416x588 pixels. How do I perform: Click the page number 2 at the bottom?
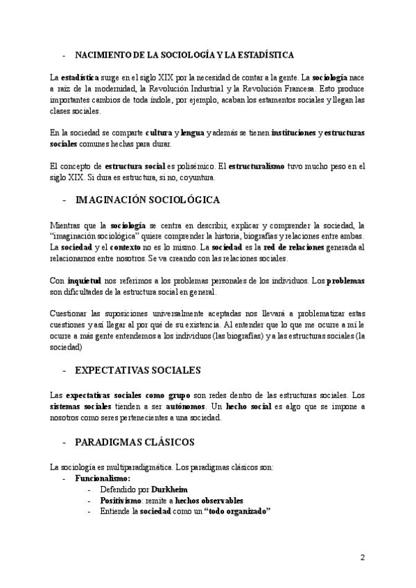(x=362, y=557)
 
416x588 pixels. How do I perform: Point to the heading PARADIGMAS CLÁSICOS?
(x=135, y=441)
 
